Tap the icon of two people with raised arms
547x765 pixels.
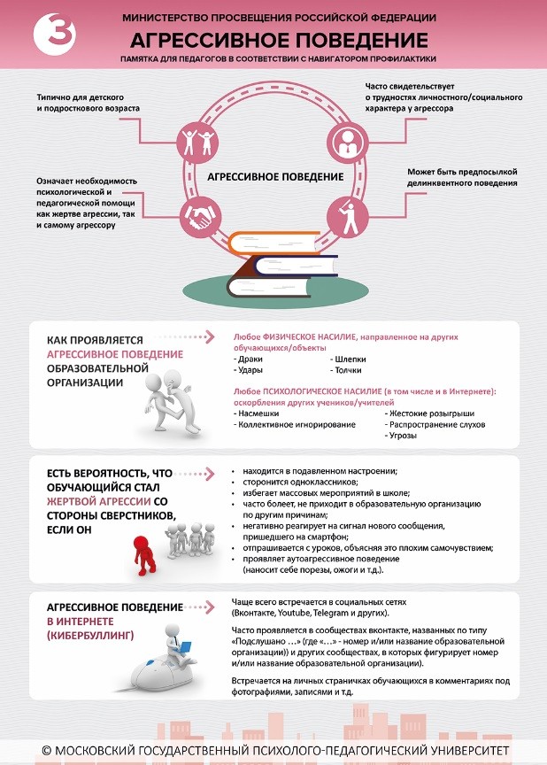[x=196, y=140]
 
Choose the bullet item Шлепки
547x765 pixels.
[x=348, y=359]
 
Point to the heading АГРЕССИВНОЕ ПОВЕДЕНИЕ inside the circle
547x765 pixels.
[x=274, y=177]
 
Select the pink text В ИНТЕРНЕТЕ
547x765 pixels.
[x=83, y=622]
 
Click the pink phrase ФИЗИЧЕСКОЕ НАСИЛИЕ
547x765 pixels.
[x=297, y=337]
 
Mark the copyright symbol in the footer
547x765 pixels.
[x=47, y=751]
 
